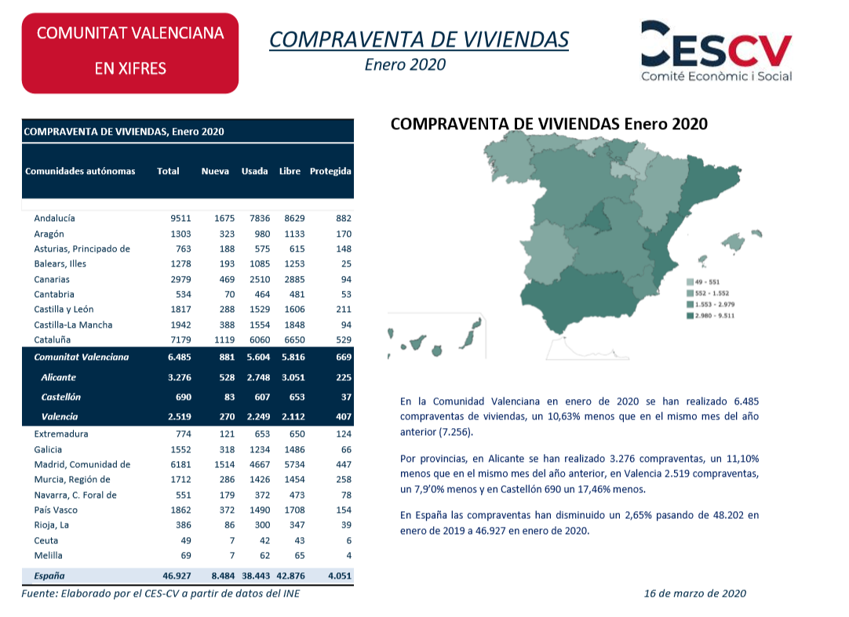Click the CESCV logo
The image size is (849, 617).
coord(716,52)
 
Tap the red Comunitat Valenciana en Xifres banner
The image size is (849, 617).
coord(130,53)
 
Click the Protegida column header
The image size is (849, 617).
coord(330,171)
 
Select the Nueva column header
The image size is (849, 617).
coord(215,171)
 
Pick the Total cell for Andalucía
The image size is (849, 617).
coord(180,218)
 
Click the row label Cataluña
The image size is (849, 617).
coord(52,340)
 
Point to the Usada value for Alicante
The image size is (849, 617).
coord(258,377)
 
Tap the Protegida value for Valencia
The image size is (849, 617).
coord(343,417)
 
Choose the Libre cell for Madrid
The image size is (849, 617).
coord(294,464)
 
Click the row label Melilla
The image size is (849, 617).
coord(48,555)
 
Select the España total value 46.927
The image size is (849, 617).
coord(177,576)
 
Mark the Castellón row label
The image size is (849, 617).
coord(60,397)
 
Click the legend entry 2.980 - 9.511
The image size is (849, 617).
coord(710,315)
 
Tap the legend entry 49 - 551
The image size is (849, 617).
coord(703,282)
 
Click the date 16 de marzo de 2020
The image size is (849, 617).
coord(694,593)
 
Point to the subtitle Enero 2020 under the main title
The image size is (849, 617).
coord(405,64)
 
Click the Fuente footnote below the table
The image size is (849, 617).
coord(160,593)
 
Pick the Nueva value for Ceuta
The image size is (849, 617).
coord(231,540)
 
